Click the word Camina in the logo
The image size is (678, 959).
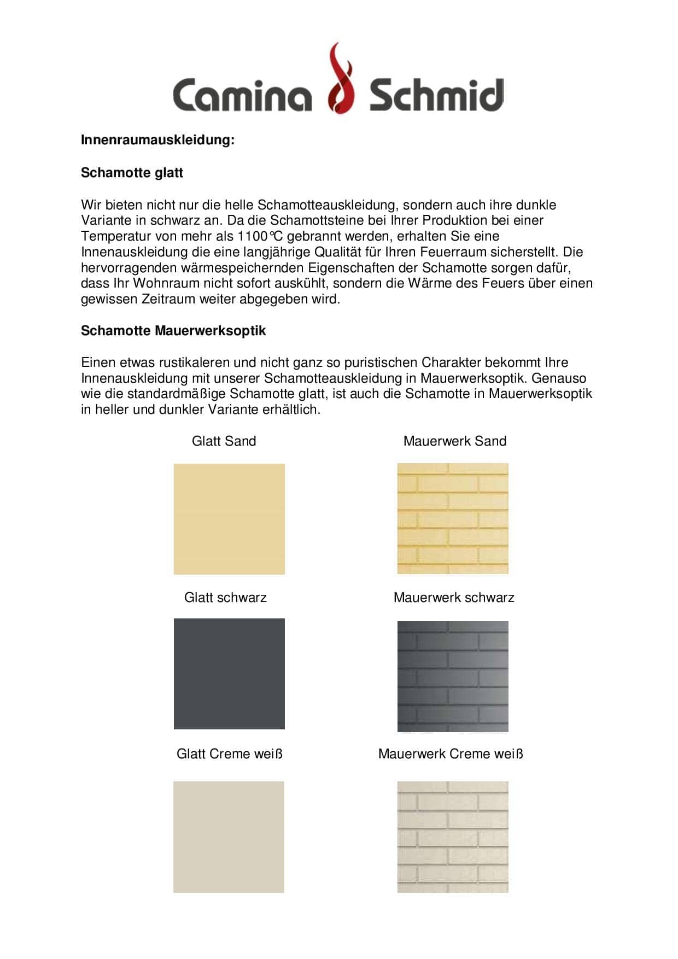pyautogui.click(x=242, y=94)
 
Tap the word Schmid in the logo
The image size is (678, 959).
pyautogui.click(x=436, y=94)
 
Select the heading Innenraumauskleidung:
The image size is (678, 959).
pyautogui.click(x=157, y=140)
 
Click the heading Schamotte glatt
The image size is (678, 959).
pyautogui.click(x=132, y=173)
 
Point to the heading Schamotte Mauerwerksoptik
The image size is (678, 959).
pyautogui.click(x=173, y=331)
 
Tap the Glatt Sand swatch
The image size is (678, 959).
pyautogui.click(x=229, y=519)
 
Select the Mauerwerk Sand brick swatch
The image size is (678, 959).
pyautogui.click(x=453, y=518)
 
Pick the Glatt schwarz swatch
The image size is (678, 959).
pyautogui.click(x=229, y=674)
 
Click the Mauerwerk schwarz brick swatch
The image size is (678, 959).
pyautogui.click(x=453, y=676)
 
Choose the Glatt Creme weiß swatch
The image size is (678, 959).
pyautogui.click(x=229, y=837)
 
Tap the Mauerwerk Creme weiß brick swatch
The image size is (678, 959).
pyautogui.click(x=453, y=837)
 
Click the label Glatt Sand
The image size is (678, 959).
pyautogui.click(x=224, y=441)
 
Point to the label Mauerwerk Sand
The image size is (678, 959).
pyautogui.click(x=455, y=441)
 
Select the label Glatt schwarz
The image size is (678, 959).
pyautogui.click(x=225, y=598)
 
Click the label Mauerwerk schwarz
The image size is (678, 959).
pyautogui.click(x=454, y=598)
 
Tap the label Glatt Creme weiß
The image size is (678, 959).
pyautogui.click(x=230, y=754)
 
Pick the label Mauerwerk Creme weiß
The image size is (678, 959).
pyautogui.click(x=451, y=754)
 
